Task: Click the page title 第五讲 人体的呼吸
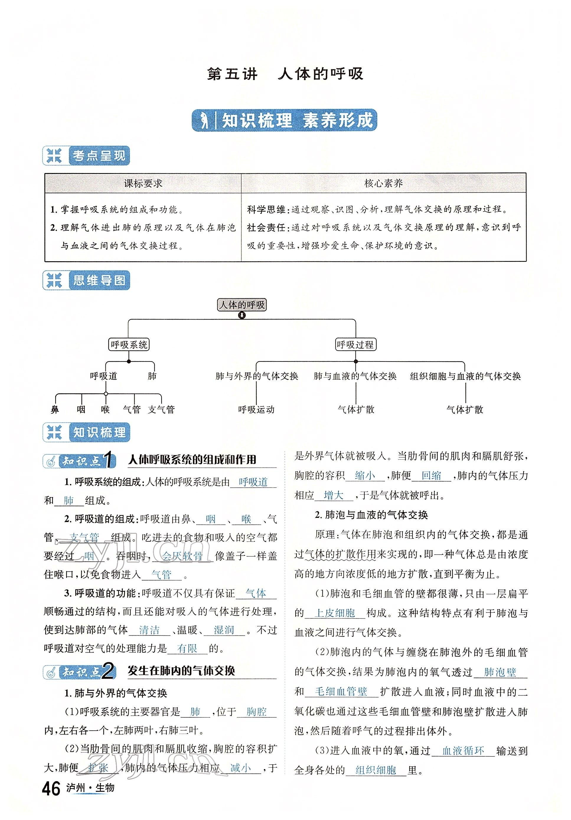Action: click(285, 74)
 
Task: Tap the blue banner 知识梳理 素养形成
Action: click(284, 120)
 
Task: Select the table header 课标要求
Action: click(143, 184)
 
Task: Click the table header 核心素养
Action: click(383, 184)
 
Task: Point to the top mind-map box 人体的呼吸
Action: click(242, 305)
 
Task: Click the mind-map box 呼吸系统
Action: click(129, 345)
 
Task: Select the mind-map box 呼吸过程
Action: click(355, 345)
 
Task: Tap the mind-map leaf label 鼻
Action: click(55, 410)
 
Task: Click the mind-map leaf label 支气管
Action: click(161, 410)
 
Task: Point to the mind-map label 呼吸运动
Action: click(256, 410)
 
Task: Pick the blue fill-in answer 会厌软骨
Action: click(182, 556)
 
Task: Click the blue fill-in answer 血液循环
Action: click(463, 751)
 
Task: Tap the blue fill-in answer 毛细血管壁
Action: click(341, 692)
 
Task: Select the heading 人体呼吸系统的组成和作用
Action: click(192, 460)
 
